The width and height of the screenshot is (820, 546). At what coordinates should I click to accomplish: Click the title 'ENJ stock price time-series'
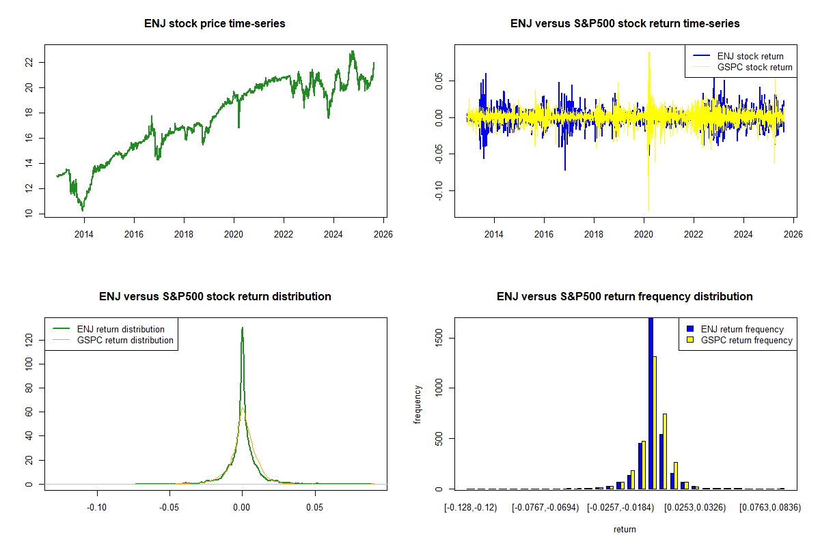[x=215, y=24]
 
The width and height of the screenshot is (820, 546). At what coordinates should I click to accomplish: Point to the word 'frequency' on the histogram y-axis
[x=418, y=404]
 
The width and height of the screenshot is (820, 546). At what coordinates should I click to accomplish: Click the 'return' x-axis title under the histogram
[x=625, y=529]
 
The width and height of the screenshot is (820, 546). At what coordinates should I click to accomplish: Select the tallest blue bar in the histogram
[x=651, y=403]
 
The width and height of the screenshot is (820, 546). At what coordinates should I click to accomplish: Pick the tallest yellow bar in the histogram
[x=655, y=422]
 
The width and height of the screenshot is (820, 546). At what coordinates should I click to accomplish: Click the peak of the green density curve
[x=242, y=328]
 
